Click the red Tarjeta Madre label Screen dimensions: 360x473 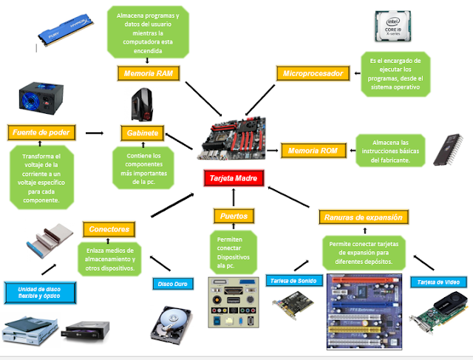[x=234, y=178]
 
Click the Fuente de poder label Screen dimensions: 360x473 [x=41, y=133]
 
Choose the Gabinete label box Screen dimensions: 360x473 [x=143, y=133]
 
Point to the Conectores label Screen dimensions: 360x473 [x=109, y=229]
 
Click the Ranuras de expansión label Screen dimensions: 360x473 [x=363, y=217]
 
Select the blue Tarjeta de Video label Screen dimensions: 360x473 [x=435, y=282]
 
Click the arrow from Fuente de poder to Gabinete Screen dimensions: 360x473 [x=94, y=133]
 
